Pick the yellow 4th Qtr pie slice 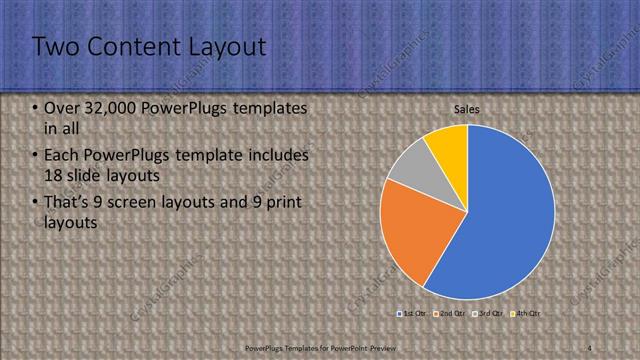(448, 147)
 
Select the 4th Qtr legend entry (527, 314)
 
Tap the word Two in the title (56, 46)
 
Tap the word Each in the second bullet (63, 156)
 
